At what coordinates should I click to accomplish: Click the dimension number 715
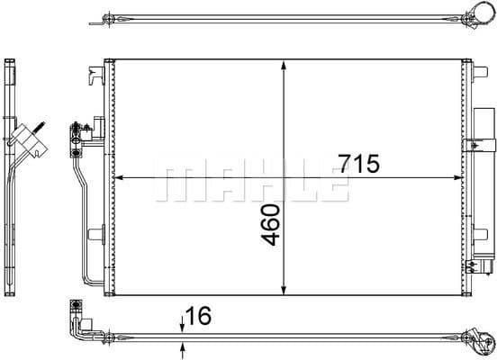pos(360,164)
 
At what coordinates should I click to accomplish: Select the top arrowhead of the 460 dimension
pos(285,66)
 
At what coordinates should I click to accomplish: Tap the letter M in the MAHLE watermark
pos(176,183)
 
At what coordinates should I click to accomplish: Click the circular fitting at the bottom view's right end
pos(477,339)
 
